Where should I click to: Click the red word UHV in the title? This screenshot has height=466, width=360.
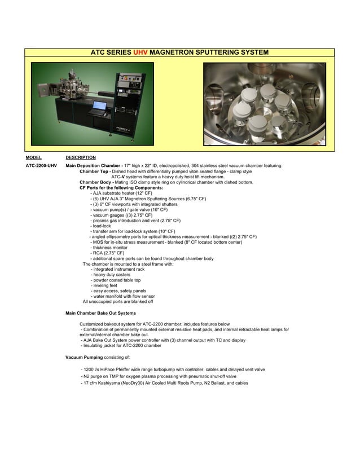tap(139, 52)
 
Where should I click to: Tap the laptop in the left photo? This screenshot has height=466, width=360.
tap(100, 107)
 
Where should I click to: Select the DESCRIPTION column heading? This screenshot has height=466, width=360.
tap(81, 157)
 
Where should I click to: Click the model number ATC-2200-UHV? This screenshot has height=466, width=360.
tap(41, 166)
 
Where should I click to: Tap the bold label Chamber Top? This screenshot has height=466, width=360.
tap(94, 171)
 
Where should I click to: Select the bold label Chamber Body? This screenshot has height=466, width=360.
tap(96, 182)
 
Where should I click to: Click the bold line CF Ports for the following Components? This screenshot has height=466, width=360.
tap(121, 187)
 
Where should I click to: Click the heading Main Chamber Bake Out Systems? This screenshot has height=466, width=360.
tap(100, 313)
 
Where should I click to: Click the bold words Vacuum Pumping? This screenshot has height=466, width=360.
tap(84, 357)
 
